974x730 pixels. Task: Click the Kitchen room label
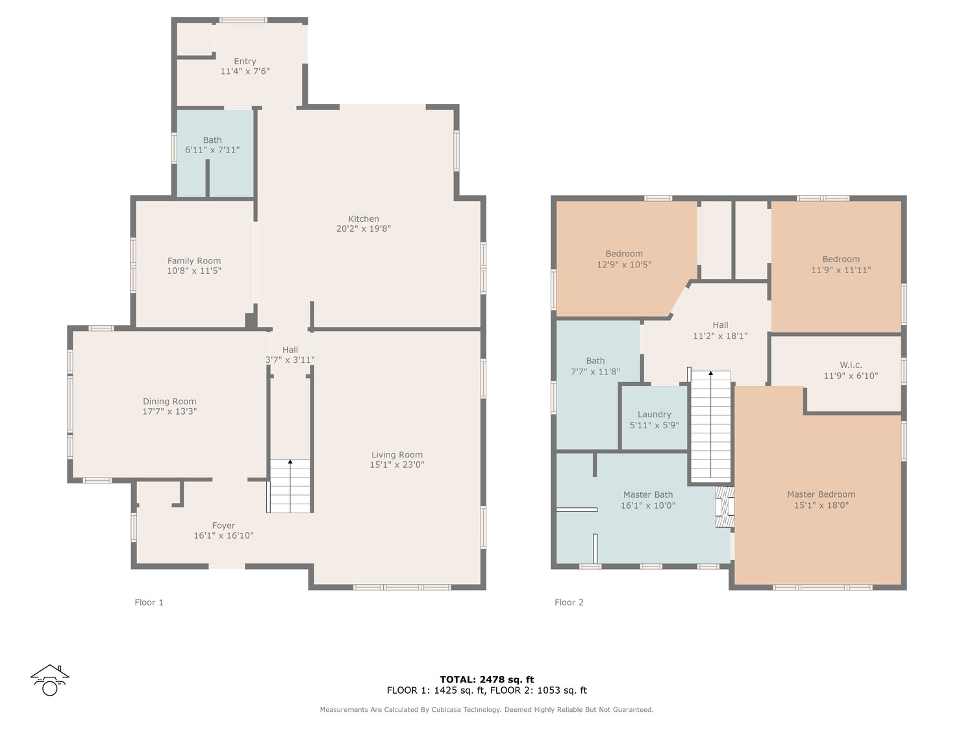[x=363, y=219]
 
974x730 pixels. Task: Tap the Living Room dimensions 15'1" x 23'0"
[x=397, y=465]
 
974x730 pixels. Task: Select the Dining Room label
[x=169, y=402]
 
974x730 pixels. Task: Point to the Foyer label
[x=223, y=526]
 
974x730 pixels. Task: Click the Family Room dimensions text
[x=194, y=271]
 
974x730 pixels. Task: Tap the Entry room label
[x=245, y=62]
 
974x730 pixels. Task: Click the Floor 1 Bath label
[x=212, y=140]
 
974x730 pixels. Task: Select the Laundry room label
[x=654, y=415]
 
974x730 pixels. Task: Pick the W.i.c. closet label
[x=851, y=365]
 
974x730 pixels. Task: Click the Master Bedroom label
[x=821, y=494]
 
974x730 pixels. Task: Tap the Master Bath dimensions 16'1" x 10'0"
[x=648, y=505]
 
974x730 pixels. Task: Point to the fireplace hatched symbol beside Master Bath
[x=724, y=507]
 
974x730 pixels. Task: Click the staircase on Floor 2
[x=710, y=426]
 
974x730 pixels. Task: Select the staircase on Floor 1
[x=290, y=486]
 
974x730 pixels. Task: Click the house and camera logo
[x=50, y=680]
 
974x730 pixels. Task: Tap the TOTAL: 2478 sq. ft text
[x=487, y=679]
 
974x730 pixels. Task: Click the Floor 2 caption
[x=569, y=602]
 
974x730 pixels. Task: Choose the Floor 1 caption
[x=149, y=602]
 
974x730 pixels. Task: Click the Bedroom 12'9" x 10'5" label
[x=624, y=260]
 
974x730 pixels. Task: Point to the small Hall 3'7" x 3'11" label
[x=290, y=355]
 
